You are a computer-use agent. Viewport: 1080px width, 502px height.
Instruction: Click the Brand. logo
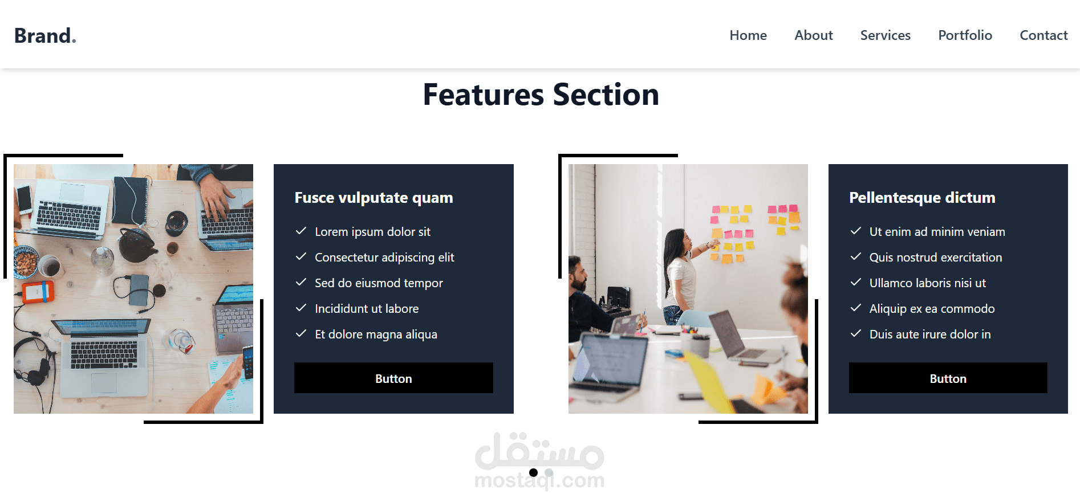[x=45, y=36]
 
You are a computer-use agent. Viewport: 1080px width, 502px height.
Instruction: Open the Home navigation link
[x=748, y=35]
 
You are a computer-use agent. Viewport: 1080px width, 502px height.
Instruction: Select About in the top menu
[x=814, y=35]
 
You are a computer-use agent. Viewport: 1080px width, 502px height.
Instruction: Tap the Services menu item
[x=886, y=35]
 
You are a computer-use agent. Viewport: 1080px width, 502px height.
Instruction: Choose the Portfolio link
[x=965, y=35]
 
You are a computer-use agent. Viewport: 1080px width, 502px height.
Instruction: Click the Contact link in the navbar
[x=1044, y=35]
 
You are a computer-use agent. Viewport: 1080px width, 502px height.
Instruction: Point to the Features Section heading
[x=541, y=95]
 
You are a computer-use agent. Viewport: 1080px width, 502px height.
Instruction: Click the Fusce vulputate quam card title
[x=373, y=198]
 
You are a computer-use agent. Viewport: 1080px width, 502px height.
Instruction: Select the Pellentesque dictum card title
[x=922, y=198]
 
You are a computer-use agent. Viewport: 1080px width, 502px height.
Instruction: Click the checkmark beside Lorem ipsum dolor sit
[x=301, y=231]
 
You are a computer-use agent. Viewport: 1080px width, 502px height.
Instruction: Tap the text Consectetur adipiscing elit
[x=384, y=258]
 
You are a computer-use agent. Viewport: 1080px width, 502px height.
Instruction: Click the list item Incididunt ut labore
[x=367, y=309]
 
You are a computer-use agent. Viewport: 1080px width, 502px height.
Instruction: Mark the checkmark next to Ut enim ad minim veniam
[x=856, y=231]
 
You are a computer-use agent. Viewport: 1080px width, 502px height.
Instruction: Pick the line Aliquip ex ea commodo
[x=932, y=309]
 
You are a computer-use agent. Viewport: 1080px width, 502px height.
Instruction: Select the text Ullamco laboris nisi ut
[x=927, y=283]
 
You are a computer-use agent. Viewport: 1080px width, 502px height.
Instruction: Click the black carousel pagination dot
[x=533, y=472]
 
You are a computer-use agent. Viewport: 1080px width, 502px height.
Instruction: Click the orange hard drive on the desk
[x=38, y=292]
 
